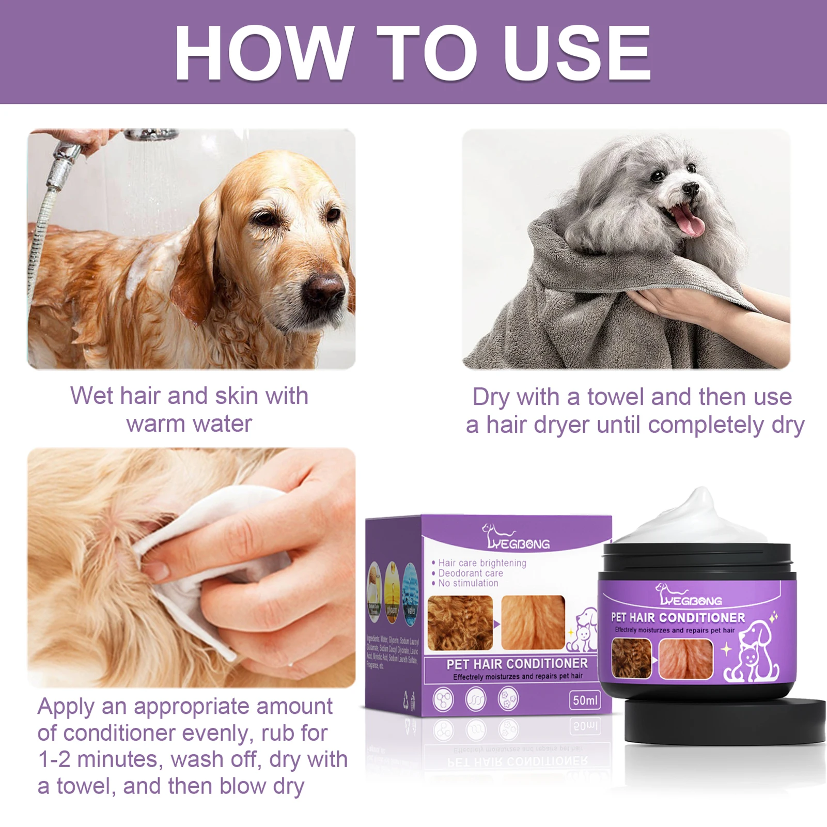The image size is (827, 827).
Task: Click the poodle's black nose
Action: [691, 189]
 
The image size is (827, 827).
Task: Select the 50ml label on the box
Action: [585, 700]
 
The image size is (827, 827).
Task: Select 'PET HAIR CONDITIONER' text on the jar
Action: [678, 618]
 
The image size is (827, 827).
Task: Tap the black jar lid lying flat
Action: [723, 721]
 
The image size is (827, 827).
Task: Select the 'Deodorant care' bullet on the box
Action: [470, 573]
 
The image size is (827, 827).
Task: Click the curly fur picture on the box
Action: [460, 623]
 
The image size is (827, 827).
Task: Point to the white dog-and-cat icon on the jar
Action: [752, 653]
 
